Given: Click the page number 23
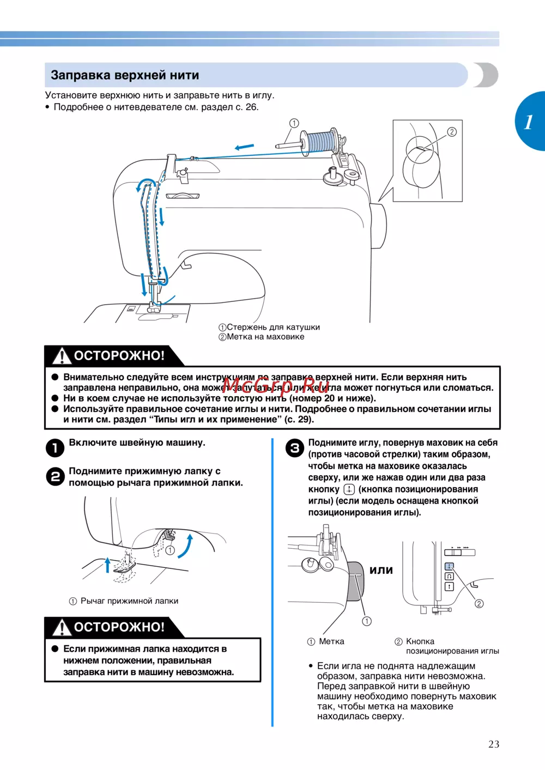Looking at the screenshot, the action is click(x=494, y=744).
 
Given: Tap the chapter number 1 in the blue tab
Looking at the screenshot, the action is click(x=529, y=122).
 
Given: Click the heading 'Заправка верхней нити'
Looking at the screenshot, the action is click(x=125, y=75).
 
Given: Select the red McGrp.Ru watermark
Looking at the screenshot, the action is click(x=276, y=386).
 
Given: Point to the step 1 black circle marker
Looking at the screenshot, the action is click(x=55, y=448).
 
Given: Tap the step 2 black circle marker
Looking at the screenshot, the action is click(x=55, y=476).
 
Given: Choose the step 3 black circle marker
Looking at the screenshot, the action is click(x=295, y=448).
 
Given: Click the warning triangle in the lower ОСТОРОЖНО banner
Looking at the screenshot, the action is click(x=62, y=627).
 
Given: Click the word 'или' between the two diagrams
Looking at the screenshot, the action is click(x=381, y=570).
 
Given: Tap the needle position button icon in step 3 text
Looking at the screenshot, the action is click(x=349, y=489).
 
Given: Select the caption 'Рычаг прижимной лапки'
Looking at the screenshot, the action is click(x=129, y=601).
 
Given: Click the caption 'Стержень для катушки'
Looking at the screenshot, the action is click(x=274, y=327).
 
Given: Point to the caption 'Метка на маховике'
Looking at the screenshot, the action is click(x=265, y=337).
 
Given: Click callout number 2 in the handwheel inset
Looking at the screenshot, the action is click(x=452, y=132).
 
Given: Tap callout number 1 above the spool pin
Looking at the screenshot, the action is click(x=294, y=123).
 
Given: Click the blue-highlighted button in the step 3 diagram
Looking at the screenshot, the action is click(x=449, y=566).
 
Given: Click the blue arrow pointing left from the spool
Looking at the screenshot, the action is click(x=244, y=147).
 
